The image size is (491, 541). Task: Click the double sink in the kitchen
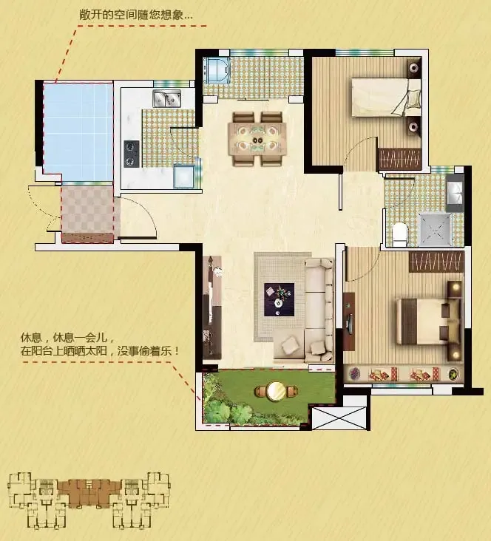(x=168, y=98)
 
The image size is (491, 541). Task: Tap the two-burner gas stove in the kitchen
(x=132, y=152)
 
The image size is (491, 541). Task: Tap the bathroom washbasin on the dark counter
(x=454, y=191)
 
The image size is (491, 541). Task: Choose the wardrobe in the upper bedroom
(x=399, y=158)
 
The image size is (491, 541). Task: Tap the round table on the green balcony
(x=277, y=391)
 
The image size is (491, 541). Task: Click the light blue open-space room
(x=78, y=131)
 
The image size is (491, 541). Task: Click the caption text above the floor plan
(x=136, y=14)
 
